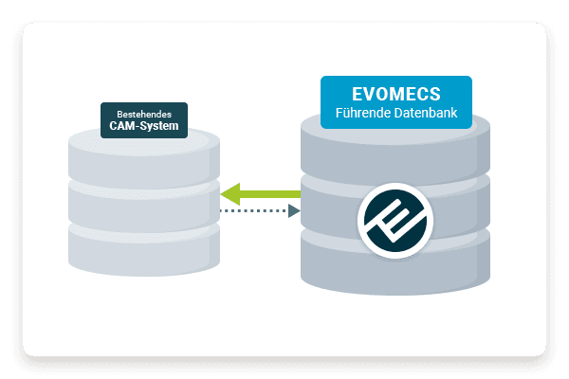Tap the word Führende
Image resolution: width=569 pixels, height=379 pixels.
(x=363, y=117)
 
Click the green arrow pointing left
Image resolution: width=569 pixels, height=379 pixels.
(x=261, y=194)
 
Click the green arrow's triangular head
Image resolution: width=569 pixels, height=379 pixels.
(x=230, y=194)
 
